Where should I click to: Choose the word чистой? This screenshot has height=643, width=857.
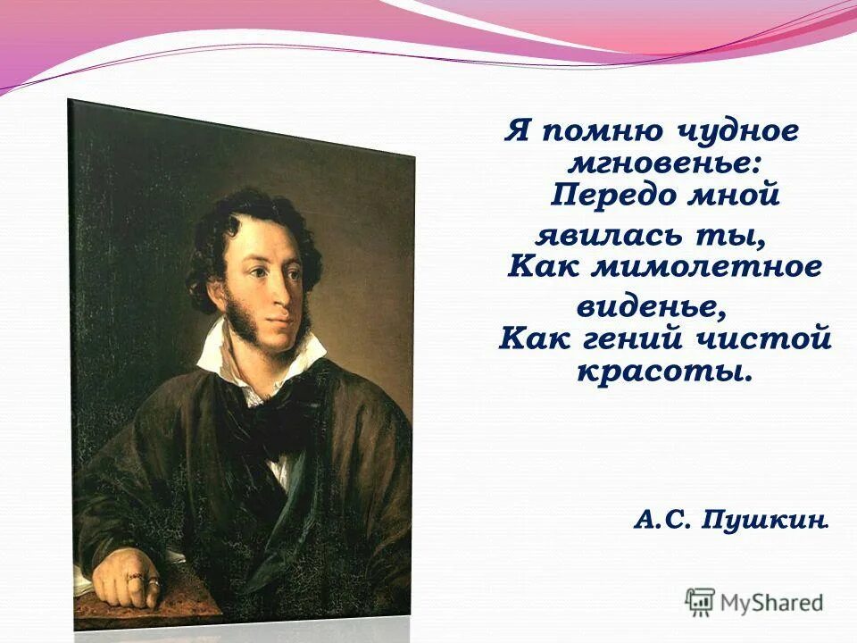coord(769,339)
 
